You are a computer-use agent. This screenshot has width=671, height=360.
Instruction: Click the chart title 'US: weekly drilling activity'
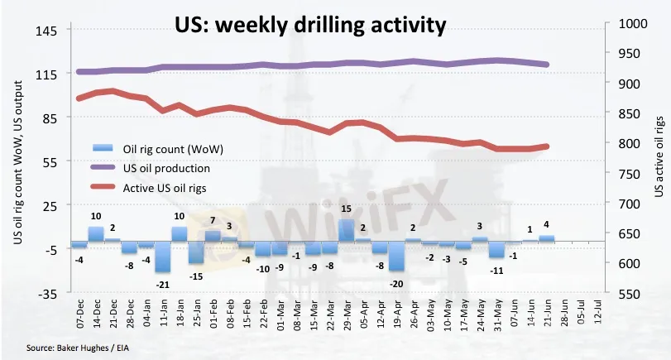click(x=311, y=25)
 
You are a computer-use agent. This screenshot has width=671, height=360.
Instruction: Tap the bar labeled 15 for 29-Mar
click(x=347, y=230)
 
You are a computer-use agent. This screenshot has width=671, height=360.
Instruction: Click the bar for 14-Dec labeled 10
click(x=95, y=233)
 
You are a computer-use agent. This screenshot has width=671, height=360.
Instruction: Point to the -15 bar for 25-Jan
click(x=196, y=252)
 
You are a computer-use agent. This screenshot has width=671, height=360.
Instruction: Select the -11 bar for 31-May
click(x=496, y=249)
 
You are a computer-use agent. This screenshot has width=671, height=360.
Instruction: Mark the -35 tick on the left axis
click(x=46, y=293)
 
